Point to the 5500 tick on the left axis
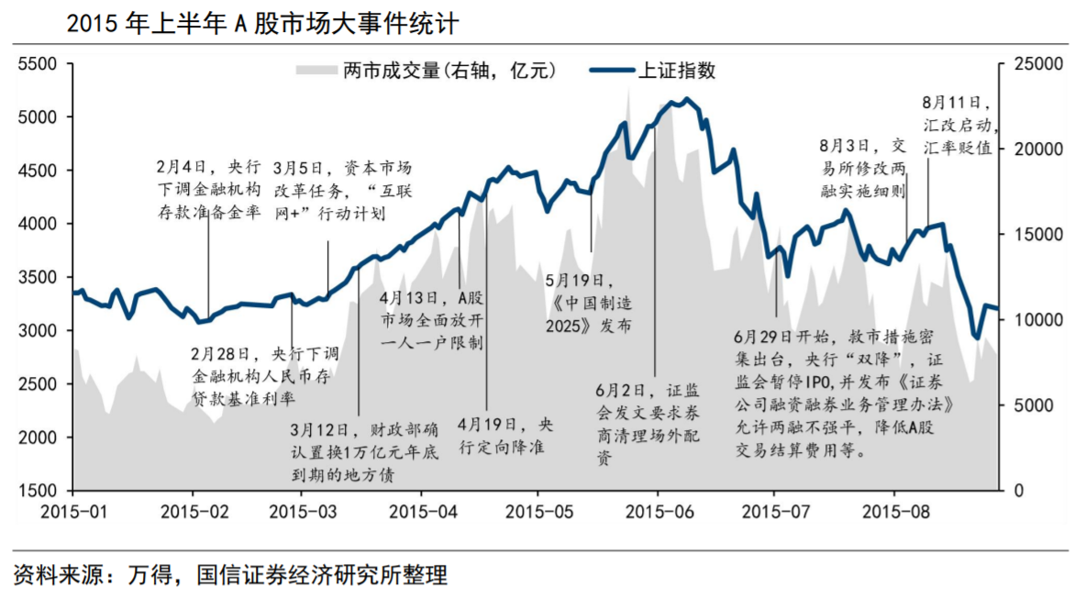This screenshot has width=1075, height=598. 38,64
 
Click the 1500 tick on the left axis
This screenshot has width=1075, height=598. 38,491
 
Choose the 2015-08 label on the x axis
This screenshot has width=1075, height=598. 894,509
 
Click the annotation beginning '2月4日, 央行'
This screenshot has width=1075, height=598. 208,190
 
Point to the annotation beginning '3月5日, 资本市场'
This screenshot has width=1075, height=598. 341,190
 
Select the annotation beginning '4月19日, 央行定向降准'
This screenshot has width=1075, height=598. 505,436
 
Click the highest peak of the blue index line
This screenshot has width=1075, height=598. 687,99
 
